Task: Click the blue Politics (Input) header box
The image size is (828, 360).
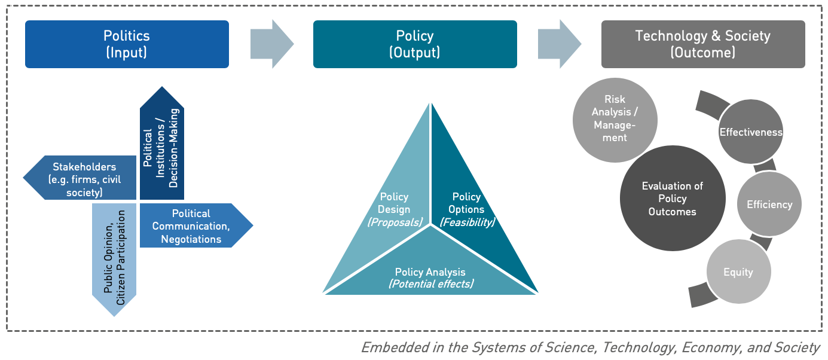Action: [127, 44]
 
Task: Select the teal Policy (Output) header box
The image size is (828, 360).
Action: [415, 44]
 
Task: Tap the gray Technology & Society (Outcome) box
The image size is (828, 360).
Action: [703, 44]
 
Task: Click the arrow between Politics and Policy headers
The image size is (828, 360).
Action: [271, 44]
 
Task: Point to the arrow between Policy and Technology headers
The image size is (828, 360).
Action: [559, 44]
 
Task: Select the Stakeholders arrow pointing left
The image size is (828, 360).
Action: [81, 178]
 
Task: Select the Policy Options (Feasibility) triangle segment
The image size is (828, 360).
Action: [466, 203]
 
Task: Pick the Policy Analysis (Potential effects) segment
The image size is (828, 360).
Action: [430, 272]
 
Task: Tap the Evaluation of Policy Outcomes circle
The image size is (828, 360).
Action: [672, 199]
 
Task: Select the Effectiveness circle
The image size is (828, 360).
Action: [751, 132]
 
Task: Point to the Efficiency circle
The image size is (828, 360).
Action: [769, 205]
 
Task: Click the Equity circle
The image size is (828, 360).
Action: [738, 272]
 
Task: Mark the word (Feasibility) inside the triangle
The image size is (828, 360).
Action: [468, 222]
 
